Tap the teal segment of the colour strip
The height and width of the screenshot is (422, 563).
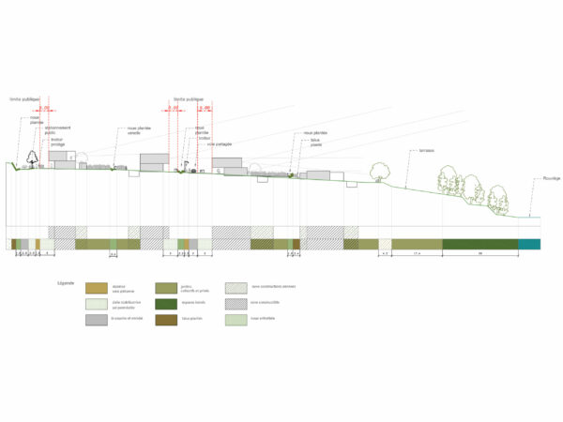[529, 245]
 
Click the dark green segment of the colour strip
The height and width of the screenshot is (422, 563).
[479, 245]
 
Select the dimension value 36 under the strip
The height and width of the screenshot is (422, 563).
[479, 255]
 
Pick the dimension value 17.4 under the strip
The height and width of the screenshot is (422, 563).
[416, 255]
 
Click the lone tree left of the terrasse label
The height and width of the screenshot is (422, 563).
[380, 171]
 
